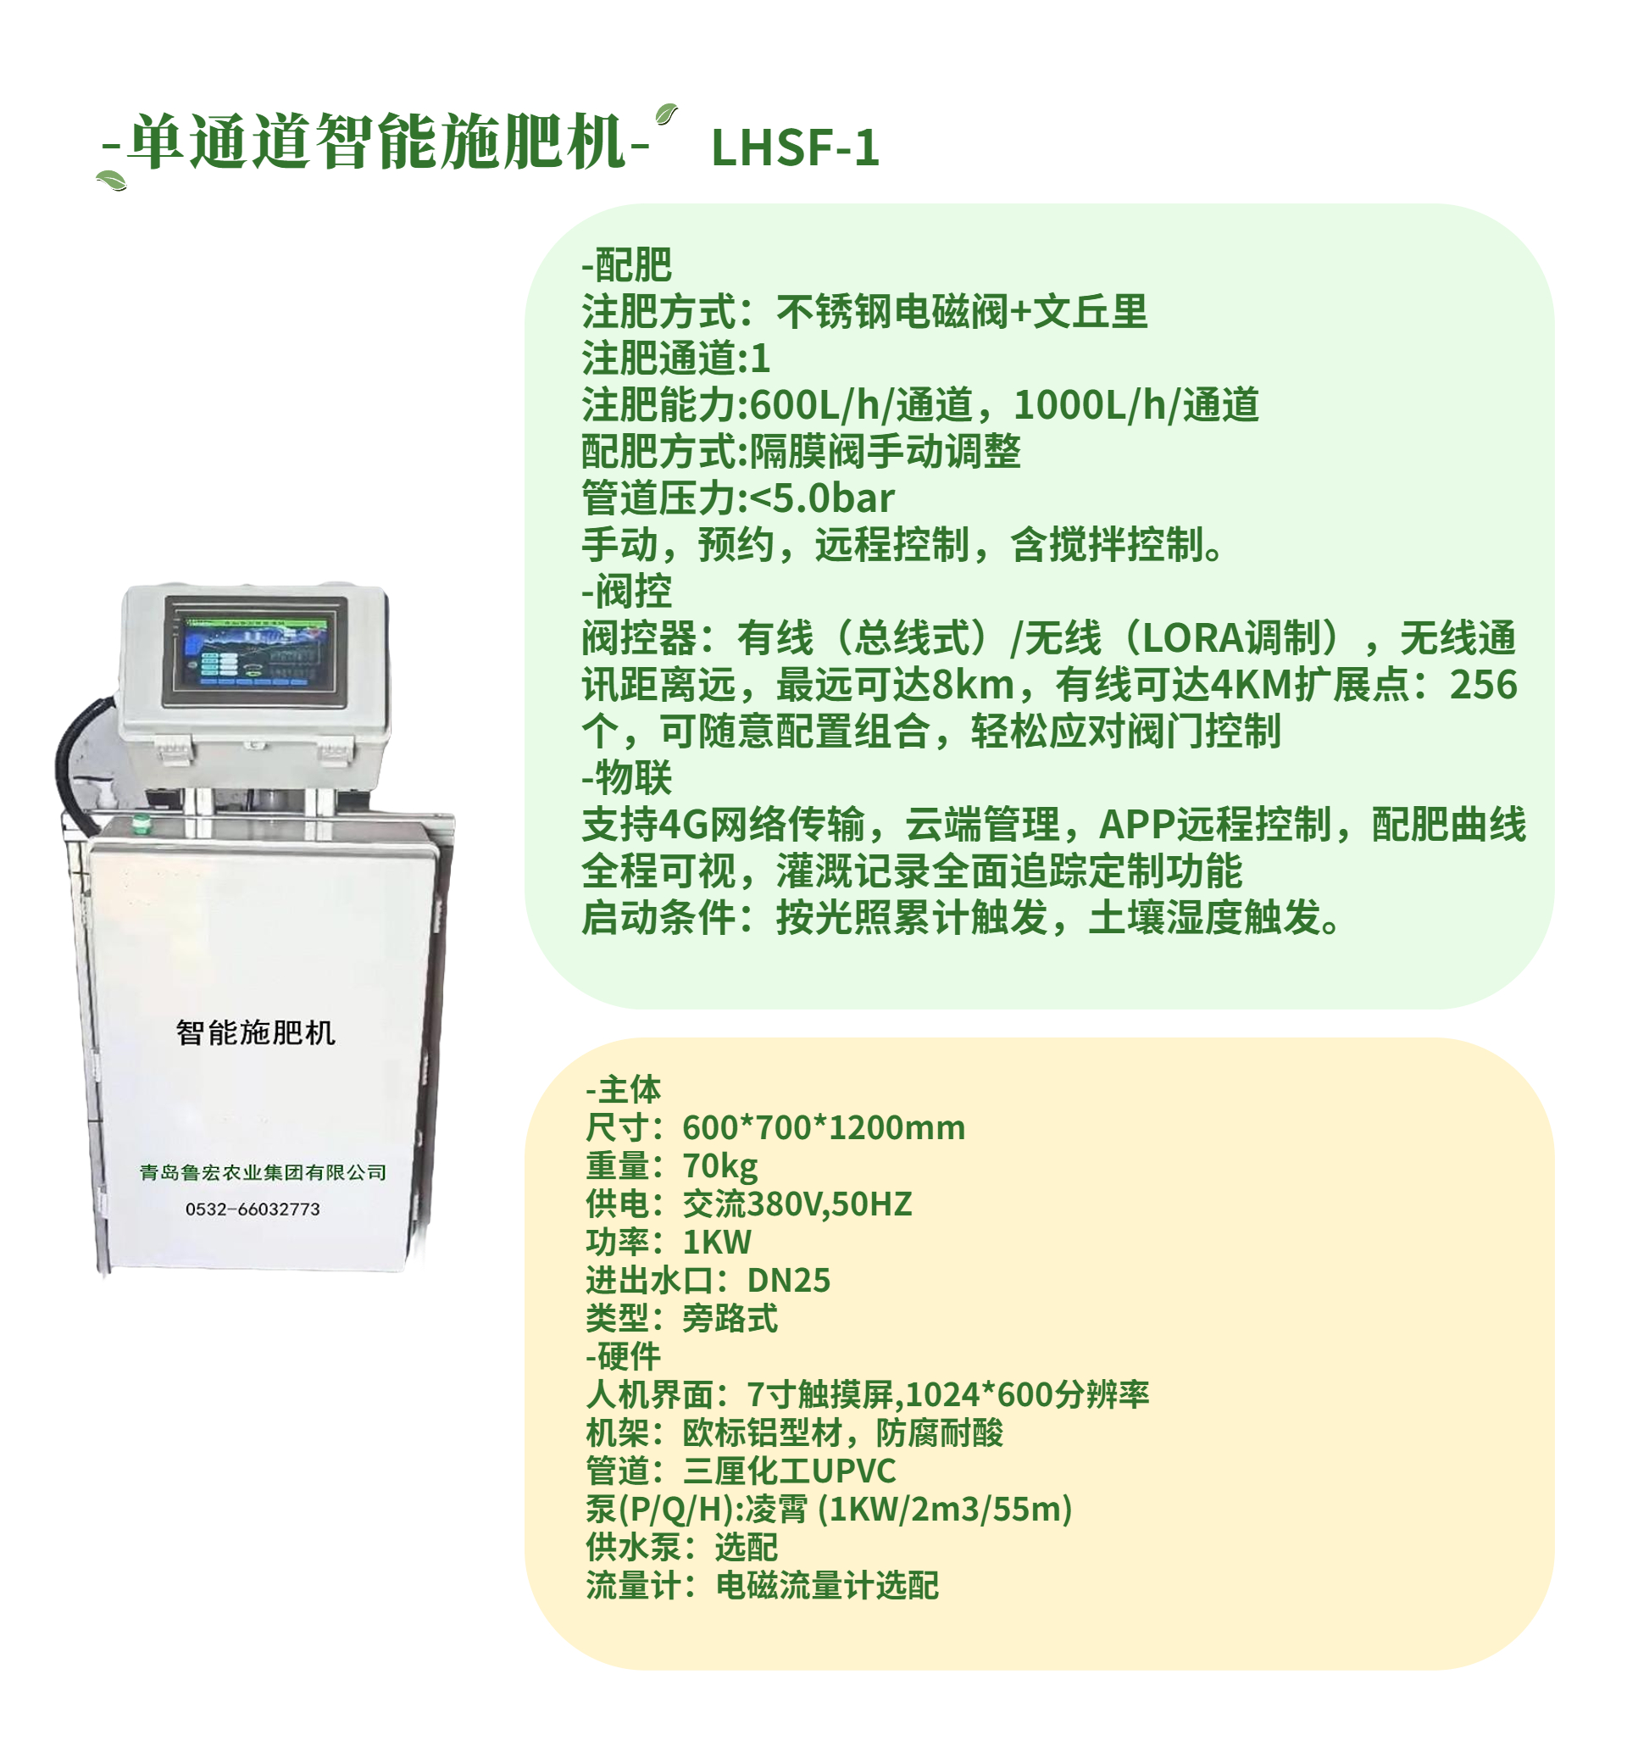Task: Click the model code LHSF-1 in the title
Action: [794, 147]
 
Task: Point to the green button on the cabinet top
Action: [139, 824]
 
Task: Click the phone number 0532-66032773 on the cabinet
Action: [253, 1210]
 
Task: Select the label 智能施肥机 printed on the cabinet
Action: [255, 1032]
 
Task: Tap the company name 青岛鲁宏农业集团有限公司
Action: [264, 1173]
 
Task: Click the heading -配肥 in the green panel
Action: [626, 264]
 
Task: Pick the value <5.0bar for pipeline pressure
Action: [821, 498]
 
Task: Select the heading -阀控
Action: [626, 592]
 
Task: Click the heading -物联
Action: [626, 778]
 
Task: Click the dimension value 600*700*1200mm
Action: [823, 1128]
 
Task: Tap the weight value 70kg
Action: [719, 1166]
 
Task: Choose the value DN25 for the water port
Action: [788, 1281]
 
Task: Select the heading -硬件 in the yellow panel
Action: [623, 1357]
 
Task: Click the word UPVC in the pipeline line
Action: [853, 1471]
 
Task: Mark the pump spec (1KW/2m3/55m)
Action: [945, 1509]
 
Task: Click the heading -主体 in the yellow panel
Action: [623, 1090]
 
